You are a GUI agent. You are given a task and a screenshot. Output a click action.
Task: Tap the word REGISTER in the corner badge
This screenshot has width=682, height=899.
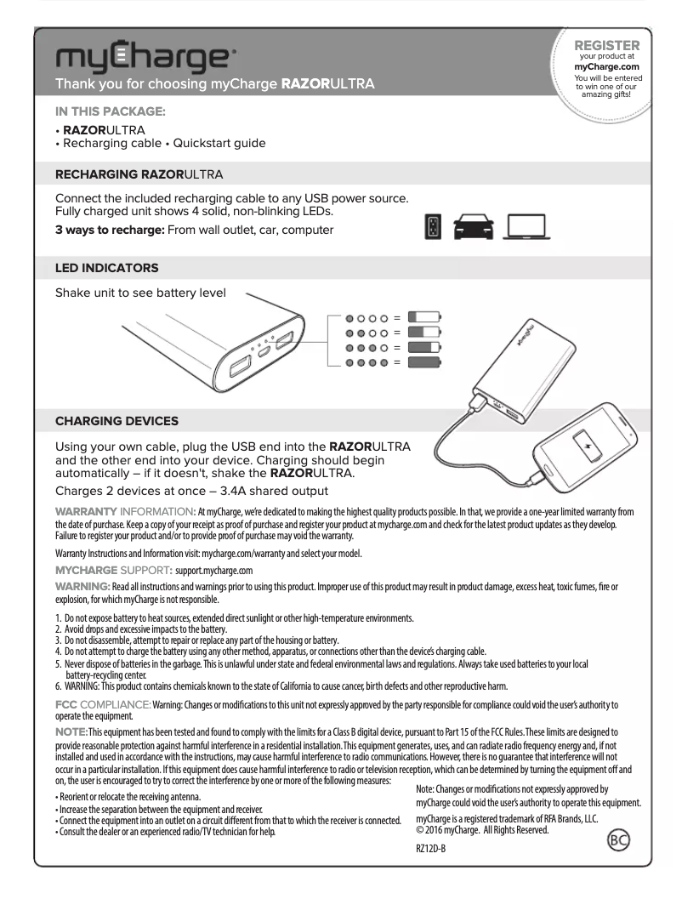[x=607, y=45]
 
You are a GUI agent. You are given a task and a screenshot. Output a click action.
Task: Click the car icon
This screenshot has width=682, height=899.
[x=473, y=228]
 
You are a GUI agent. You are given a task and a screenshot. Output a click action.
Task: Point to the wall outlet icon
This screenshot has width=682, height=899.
[x=433, y=228]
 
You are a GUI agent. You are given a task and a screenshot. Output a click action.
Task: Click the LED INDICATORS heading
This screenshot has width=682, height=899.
[x=106, y=268]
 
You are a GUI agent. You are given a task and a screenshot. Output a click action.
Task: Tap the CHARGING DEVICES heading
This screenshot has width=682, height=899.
[x=117, y=421]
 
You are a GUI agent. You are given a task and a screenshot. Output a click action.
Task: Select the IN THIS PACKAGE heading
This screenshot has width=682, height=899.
[x=111, y=111]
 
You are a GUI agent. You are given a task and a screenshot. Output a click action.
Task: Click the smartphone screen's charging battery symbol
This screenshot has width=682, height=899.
[x=587, y=446]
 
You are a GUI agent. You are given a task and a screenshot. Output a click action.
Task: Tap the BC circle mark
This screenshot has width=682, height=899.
[x=618, y=841]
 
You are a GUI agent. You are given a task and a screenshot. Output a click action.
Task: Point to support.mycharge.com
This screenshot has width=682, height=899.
[x=213, y=570]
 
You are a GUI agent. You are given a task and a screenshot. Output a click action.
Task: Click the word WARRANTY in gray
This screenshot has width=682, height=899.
[x=85, y=511]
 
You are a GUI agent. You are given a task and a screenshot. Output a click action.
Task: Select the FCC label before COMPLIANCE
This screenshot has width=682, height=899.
[x=65, y=705]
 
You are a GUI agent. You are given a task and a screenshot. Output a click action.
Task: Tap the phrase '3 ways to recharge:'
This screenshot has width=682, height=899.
[x=110, y=230]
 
